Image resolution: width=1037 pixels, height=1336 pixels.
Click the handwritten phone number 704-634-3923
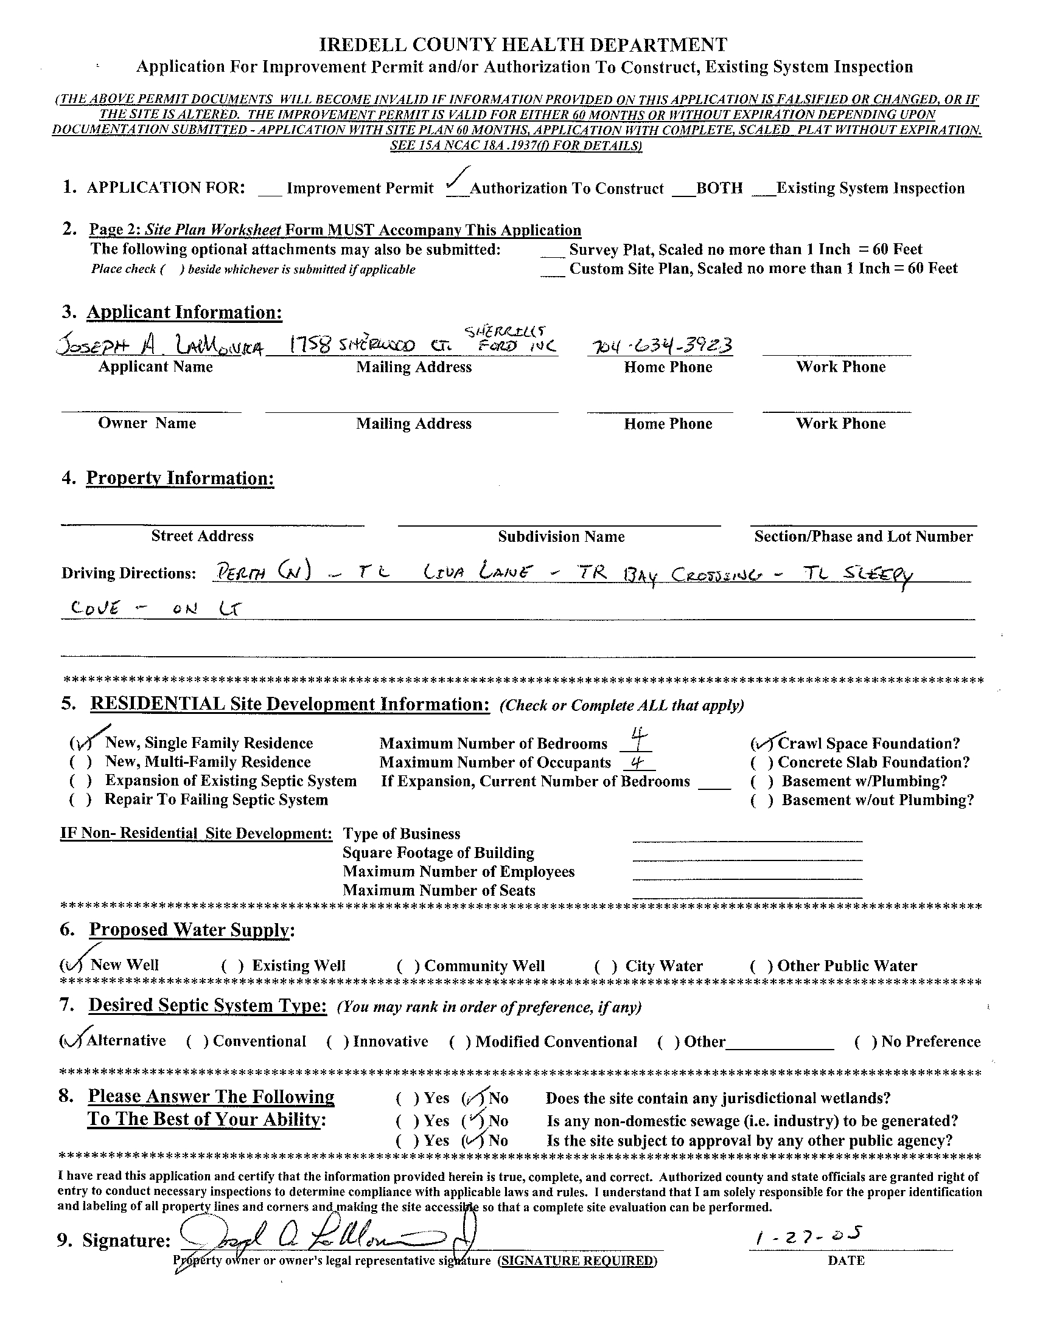tap(659, 346)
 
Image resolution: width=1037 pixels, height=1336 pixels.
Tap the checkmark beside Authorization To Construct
tap(456, 181)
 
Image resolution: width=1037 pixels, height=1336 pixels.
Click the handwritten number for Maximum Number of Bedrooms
tap(637, 739)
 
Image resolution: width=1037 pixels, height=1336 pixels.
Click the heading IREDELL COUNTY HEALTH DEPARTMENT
tap(523, 44)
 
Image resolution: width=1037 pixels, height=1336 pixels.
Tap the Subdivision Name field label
tap(560, 536)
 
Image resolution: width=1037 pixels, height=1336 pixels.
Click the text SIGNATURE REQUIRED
tap(577, 1261)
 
